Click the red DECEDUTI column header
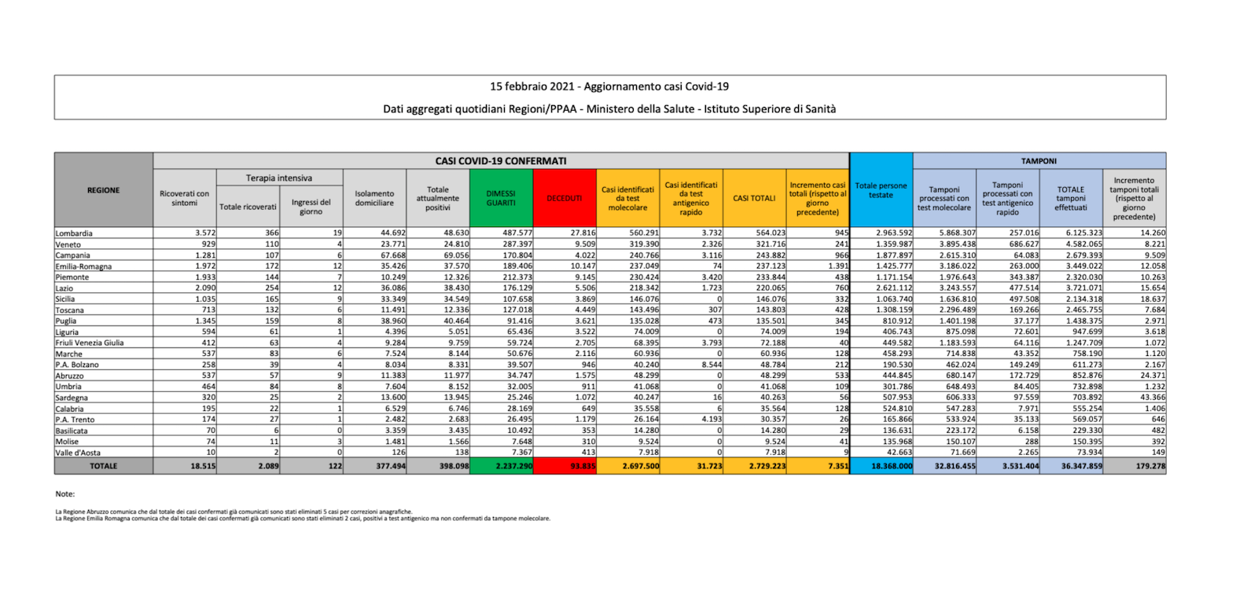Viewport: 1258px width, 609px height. [x=564, y=198]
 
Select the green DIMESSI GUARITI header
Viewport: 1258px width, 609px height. [x=501, y=198]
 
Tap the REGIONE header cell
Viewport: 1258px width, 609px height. [x=104, y=190]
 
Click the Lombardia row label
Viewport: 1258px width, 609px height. [x=74, y=233]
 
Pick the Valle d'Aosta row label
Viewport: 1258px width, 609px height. [x=78, y=453]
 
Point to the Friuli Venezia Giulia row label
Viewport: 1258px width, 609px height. [x=90, y=343]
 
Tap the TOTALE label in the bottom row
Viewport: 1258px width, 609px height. [x=104, y=466]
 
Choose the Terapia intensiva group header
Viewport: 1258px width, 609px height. [x=279, y=178]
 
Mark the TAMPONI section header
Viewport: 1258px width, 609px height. [x=1039, y=161]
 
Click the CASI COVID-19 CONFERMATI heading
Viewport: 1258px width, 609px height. [x=501, y=161]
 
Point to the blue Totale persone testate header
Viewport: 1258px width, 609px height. [x=881, y=190]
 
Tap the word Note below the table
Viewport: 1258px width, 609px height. [x=65, y=494]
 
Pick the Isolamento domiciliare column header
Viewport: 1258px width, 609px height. [x=374, y=198]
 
